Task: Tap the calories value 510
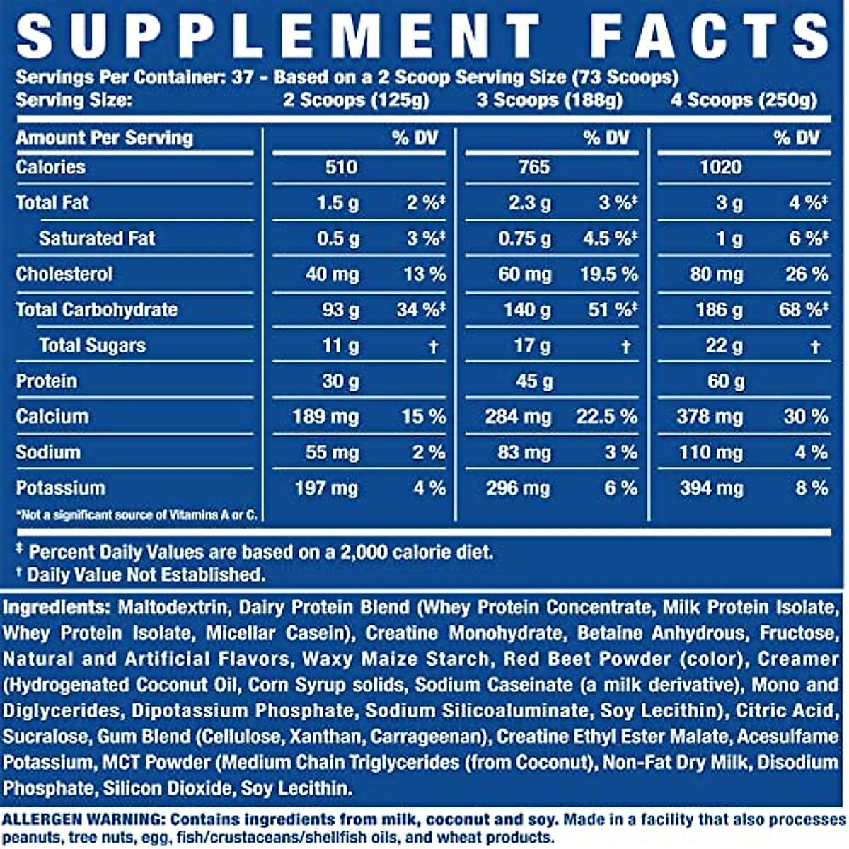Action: click(x=340, y=167)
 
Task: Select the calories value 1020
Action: click(x=720, y=167)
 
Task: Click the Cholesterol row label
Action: click(x=64, y=274)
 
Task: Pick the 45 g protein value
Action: click(x=534, y=381)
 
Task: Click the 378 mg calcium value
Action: click(x=710, y=417)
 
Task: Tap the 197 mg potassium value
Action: click(x=326, y=488)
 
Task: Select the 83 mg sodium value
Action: click(x=524, y=452)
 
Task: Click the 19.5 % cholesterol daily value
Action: click(x=608, y=274)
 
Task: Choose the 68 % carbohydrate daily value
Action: click(x=802, y=310)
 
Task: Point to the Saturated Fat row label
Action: click(x=97, y=238)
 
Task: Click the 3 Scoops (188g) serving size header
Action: click(x=549, y=100)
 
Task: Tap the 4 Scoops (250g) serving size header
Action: click(x=744, y=100)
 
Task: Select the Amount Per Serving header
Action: click(x=104, y=137)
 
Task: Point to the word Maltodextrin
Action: click(x=173, y=607)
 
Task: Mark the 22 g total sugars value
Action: click(x=724, y=346)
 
